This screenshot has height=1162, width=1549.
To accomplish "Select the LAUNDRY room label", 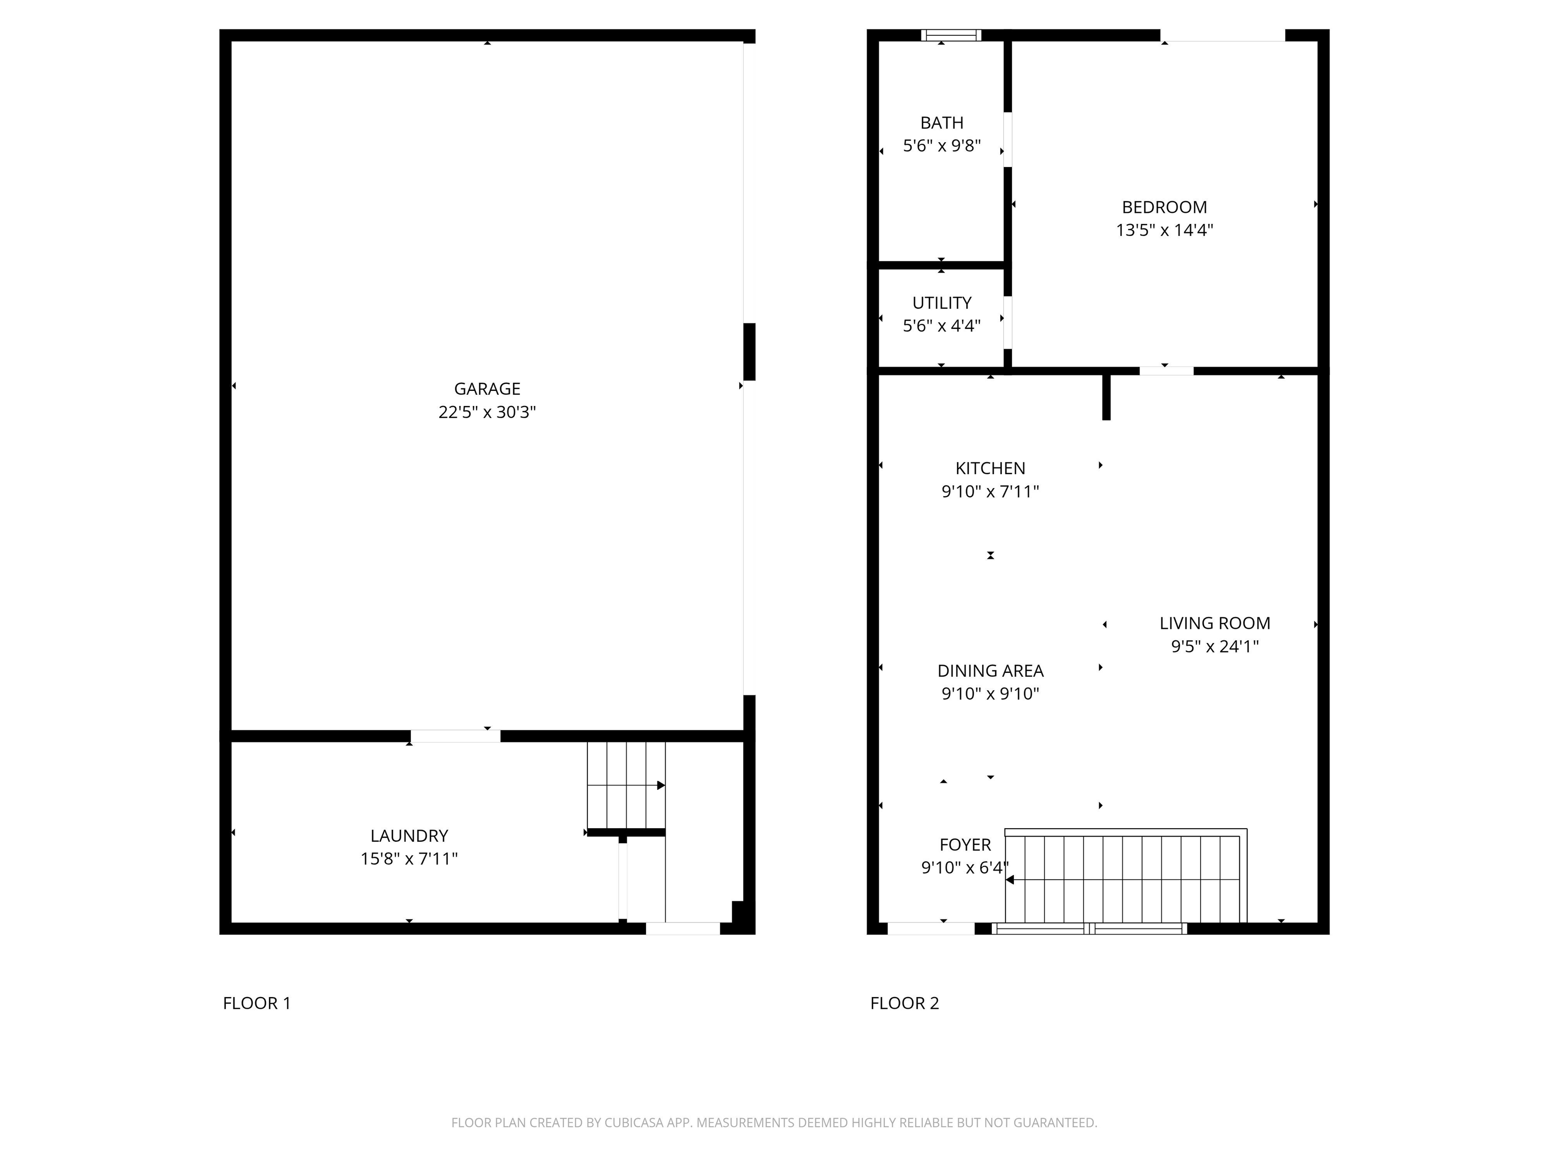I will (x=409, y=836).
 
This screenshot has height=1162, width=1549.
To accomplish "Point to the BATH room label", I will (x=941, y=123).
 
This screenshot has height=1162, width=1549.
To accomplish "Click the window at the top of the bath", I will (x=950, y=35).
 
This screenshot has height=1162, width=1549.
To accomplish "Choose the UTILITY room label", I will (x=941, y=303).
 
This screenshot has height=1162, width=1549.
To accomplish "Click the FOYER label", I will (x=965, y=845).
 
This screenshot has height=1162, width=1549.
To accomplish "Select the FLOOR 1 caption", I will (x=256, y=1003).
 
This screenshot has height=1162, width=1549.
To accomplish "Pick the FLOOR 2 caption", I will (x=904, y=1003).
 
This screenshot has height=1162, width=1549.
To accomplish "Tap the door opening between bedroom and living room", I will (x=1166, y=371).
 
